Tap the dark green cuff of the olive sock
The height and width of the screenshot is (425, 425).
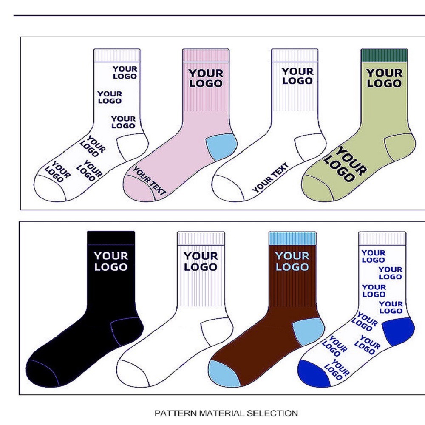pos(384,55)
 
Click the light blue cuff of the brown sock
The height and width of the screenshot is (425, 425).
pos(292,238)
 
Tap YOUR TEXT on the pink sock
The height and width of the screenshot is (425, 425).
pos(149,181)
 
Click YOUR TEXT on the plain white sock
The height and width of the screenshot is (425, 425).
pos(270,178)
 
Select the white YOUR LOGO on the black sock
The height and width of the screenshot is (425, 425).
pos(111,261)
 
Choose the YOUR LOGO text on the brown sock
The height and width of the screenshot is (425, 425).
pos(292,261)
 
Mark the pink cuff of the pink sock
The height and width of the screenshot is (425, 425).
pos(206,55)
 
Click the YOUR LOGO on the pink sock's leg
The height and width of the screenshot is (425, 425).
pos(206,78)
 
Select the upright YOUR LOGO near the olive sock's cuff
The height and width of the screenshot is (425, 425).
pos(384,78)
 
